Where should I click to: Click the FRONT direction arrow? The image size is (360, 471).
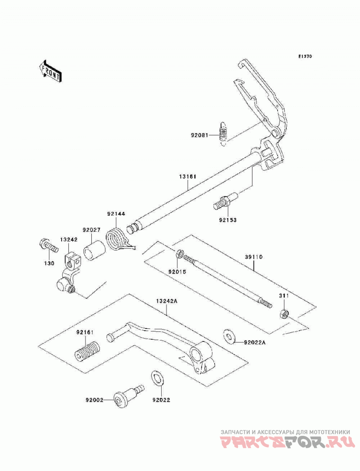click(x=50, y=71)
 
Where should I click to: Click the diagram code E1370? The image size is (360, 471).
click(x=305, y=56)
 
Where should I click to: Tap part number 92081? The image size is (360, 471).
click(x=199, y=135)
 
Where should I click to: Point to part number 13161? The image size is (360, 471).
click(x=188, y=177)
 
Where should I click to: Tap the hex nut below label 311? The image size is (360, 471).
click(x=283, y=314)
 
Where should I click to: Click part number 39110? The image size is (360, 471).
click(x=254, y=257)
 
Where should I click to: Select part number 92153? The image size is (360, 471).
click(x=228, y=220)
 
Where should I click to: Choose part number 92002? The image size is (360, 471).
click(x=94, y=400)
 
